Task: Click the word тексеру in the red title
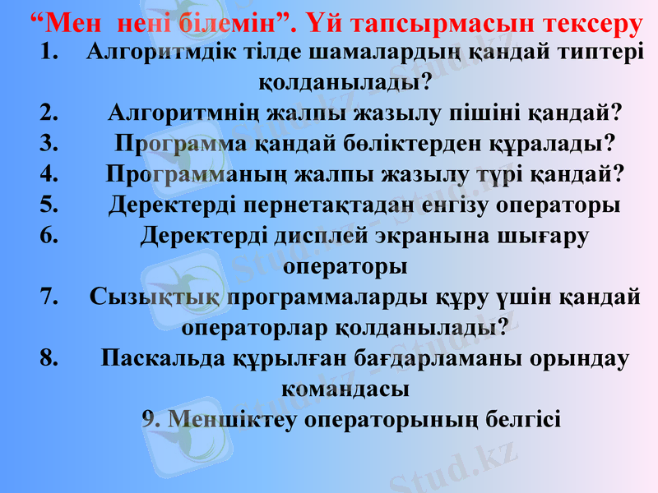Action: pos(589,23)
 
